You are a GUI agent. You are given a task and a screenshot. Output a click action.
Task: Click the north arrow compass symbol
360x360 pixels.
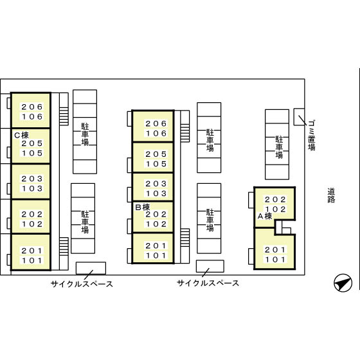pos(343,283)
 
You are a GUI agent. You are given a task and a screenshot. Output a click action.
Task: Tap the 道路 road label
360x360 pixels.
pos(331,195)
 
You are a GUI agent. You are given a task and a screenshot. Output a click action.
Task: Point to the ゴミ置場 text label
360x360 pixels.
pos(312,135)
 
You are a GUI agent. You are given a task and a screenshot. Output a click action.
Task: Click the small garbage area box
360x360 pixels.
pos(299,117)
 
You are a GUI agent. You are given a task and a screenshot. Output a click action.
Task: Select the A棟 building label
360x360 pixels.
pos(265,216)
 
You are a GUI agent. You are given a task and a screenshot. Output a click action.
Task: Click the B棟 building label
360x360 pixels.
pos(142,207)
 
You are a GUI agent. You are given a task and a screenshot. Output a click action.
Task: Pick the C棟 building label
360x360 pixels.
pos(21,135)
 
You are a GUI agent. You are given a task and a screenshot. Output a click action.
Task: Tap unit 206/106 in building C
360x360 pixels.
pos(31,110)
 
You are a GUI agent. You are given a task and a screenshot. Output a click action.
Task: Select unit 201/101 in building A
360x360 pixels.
pos(274,249)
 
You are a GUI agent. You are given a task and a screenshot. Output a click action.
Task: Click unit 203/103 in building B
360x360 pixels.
pos(153,187)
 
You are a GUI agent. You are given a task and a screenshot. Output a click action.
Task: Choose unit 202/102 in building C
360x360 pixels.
pos(31,217)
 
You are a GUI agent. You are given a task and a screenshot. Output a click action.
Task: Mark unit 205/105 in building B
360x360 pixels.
pos(153,157)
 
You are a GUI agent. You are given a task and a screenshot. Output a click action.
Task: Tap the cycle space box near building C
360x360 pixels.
pos(91,268)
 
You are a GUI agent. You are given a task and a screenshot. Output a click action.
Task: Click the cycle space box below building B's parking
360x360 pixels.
pos(210,266)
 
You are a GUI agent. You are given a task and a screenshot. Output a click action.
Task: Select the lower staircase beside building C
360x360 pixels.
pos(64,246)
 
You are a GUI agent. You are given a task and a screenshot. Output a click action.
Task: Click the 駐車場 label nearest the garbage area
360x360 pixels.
pos(279,147)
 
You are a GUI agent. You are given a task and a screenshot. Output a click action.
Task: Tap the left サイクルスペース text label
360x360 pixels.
pos(82,284)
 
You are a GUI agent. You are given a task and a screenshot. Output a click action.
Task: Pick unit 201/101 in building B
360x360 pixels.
pos(153,248)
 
